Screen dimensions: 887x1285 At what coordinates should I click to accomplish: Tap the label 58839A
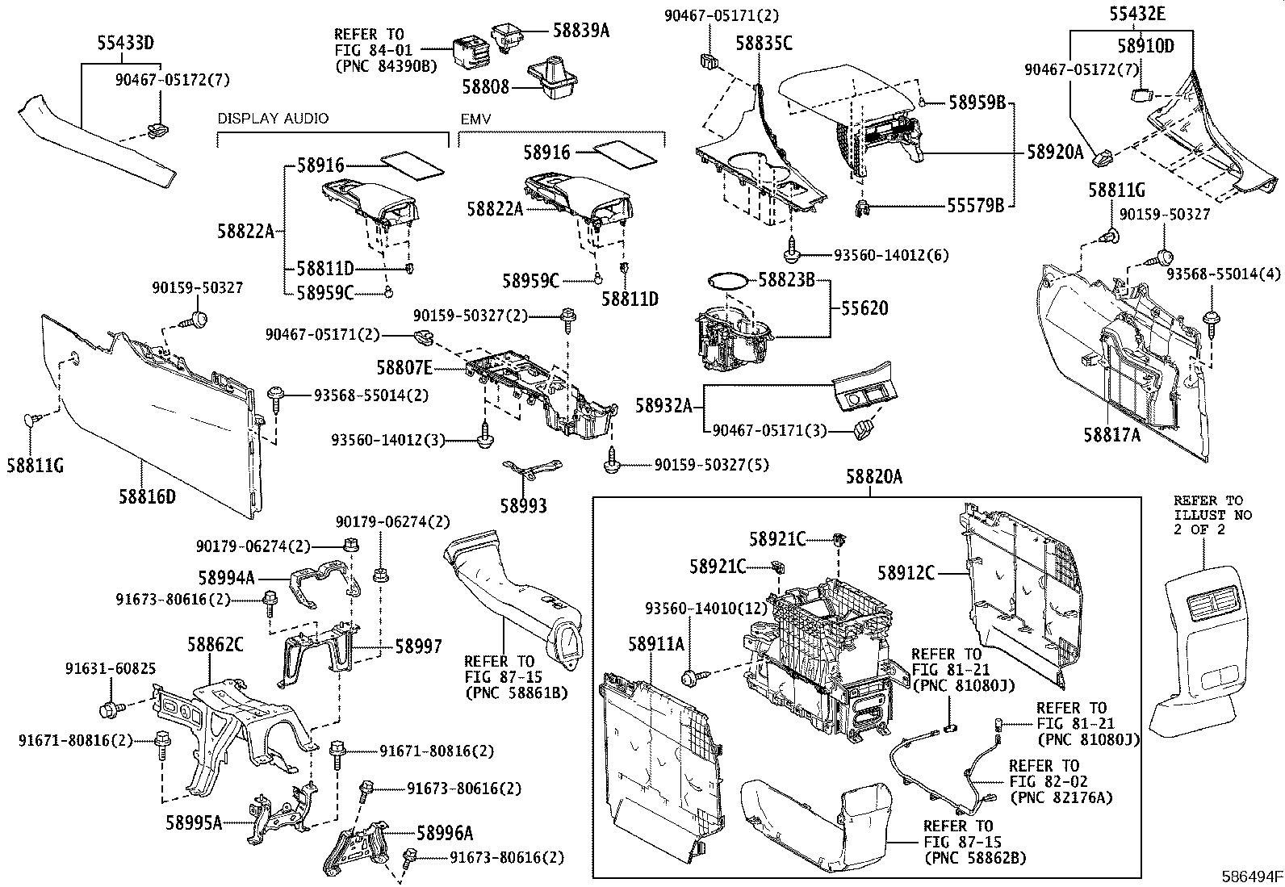[x=581, y=31]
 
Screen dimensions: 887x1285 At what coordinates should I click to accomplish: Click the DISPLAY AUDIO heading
[x=273, y=119]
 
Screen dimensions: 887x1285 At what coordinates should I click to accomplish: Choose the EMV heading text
[x=476, y=119]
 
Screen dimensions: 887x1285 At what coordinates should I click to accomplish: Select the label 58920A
[x=1055, y=150]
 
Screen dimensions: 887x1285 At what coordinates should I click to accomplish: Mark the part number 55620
[x=864, y=308]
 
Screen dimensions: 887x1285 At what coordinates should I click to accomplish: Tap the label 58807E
[x=404, y=368]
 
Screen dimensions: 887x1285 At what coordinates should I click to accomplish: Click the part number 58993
[x=523, y=506]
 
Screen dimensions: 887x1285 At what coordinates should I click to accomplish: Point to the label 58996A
[x=445, y=832]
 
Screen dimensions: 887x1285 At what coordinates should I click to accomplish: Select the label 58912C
[x=906, y=573]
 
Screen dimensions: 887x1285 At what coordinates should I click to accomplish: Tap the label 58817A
[x=1112, y=434]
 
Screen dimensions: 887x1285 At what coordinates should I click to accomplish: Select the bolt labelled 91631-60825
[x=109, y=710]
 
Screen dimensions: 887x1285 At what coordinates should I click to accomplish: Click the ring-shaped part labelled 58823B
[x=725, y=281]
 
